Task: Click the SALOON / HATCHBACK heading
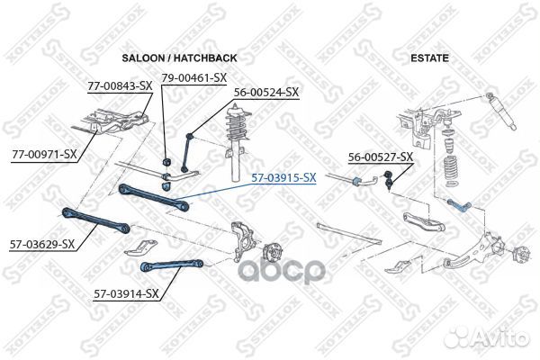[179, 58]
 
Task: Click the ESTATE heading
[429, 58]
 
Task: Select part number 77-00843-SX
[120, 86]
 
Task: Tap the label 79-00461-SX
[194, 78]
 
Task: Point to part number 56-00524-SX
[266, 93]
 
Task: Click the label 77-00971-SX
[44, 154]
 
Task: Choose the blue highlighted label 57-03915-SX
[283, 178]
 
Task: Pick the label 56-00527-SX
[381, 157]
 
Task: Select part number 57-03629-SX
[42, 244]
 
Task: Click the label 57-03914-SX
[126, 294]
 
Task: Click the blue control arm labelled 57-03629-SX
[95, 220]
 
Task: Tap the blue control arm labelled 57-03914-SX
[172, 265]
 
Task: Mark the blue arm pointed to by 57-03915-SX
[154, 197]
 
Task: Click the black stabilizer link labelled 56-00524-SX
[187, 152]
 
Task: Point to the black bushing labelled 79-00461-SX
[166, 161]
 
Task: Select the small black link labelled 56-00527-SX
[388, 179]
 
